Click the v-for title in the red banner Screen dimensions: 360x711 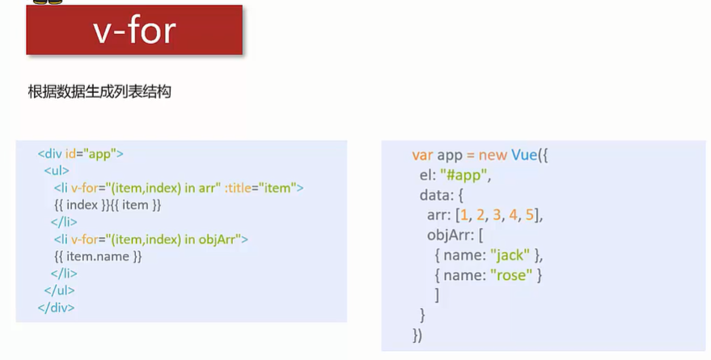pos(133,32)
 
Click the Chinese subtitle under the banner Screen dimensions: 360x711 pos(99,91)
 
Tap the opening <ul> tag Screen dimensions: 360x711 pos(57,171)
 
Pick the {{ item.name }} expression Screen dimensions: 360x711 pos(98,256)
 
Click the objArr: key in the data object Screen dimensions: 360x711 pos(452,235)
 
